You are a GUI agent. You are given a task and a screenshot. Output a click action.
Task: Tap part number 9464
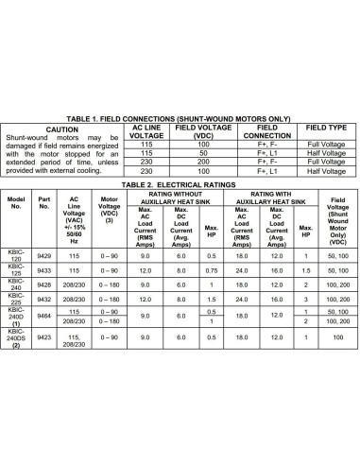coord(43,317)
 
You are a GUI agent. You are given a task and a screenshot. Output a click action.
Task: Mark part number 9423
coord(43,336)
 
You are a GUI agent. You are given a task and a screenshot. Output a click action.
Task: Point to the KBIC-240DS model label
coord(16,336)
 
